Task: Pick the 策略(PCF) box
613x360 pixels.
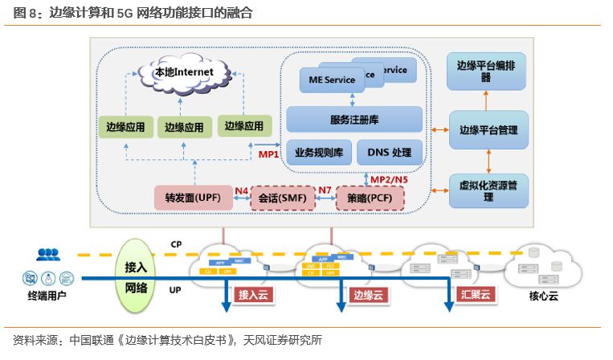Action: [x=367, y=197]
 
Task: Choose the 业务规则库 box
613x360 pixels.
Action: [x=319, y=152]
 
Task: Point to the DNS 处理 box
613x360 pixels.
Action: [x=390, y=152]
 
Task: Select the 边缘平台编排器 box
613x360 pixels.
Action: [x=486, y=71]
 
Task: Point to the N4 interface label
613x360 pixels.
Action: [x=241, y=191]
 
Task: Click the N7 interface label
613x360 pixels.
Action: [x=324, y=191]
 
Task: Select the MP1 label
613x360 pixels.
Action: [x=268, y=153]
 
